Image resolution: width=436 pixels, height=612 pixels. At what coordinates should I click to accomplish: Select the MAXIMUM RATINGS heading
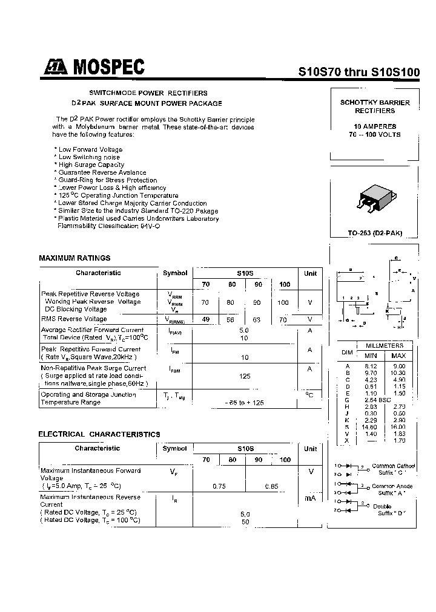point(74,258)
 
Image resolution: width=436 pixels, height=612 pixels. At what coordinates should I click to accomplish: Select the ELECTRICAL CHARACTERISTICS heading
point(99,434)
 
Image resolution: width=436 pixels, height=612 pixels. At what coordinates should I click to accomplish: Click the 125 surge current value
point(245,376)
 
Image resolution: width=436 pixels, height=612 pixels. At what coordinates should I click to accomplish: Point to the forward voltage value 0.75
point(219,486)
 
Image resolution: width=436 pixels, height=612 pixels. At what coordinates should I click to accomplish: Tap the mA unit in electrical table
point(310,498)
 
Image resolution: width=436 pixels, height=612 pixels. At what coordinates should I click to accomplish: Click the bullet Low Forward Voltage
point(90,149)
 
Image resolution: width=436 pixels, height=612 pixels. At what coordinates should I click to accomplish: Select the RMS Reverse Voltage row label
point(74,319)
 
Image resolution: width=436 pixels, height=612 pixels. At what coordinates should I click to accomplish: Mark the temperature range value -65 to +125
point(245,402)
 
